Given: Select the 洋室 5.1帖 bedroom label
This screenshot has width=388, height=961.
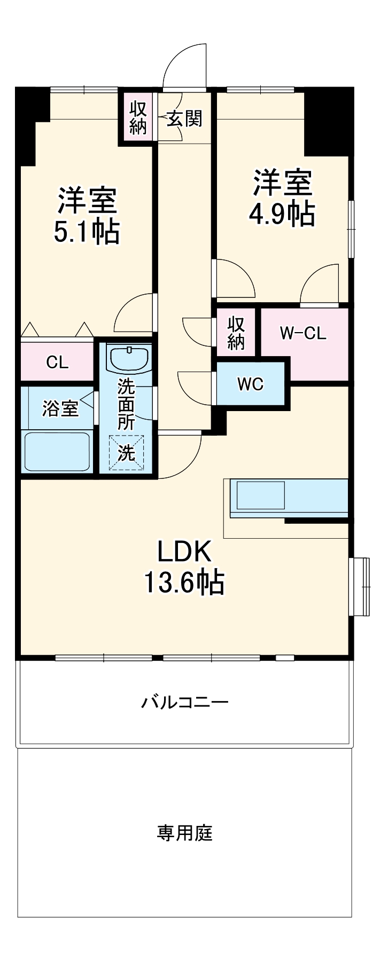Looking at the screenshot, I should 87,215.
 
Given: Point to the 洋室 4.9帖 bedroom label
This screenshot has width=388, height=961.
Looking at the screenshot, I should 282,198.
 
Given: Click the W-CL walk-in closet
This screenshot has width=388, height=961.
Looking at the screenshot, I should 303,334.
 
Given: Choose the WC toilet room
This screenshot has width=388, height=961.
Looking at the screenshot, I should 250,384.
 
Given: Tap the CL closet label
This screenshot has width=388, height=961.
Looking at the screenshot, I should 57,363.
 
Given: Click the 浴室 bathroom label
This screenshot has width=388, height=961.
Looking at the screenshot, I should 60,408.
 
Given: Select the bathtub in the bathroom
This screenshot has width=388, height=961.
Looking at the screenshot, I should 57,452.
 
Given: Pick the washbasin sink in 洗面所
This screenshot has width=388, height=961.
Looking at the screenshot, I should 129,358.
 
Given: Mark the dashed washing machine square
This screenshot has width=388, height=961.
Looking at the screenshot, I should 127,453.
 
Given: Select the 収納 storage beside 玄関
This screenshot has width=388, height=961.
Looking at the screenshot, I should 138,117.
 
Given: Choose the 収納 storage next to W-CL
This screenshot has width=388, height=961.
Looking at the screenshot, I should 236,333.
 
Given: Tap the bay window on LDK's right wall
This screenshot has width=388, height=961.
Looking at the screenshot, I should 359,587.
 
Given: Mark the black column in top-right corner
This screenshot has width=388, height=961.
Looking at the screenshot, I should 327,120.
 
